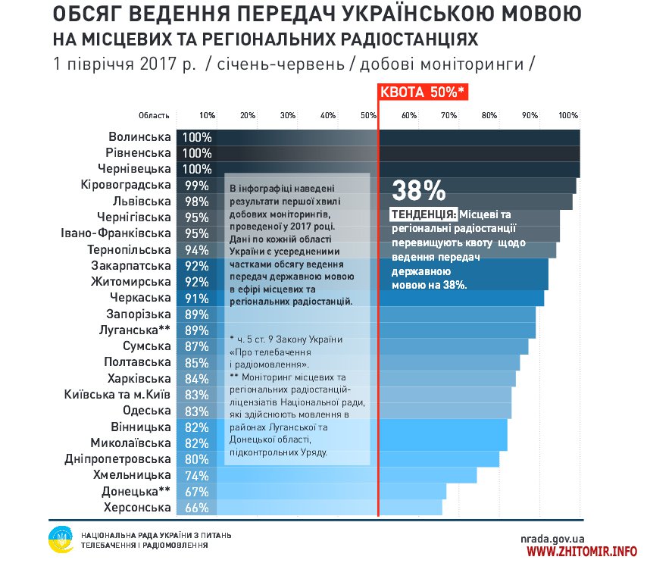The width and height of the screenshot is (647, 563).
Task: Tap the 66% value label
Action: click(x=196, y=508)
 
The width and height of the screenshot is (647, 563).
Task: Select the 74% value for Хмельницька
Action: click(x=196, y=475)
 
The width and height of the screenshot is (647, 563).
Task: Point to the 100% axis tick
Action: click(x=568, y=115)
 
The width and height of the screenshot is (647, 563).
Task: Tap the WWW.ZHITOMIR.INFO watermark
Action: click(x=581, y=551)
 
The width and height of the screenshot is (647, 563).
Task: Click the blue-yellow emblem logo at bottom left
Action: click(x=60, y=540)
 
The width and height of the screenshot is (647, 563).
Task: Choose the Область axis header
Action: click(x=154, y=115)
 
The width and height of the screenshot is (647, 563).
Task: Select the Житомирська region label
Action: click(x=130, y=282)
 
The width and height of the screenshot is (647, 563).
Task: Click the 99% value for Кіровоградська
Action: click(x=196, y=186)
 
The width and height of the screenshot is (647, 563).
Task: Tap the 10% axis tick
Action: click(x=207, y=115)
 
